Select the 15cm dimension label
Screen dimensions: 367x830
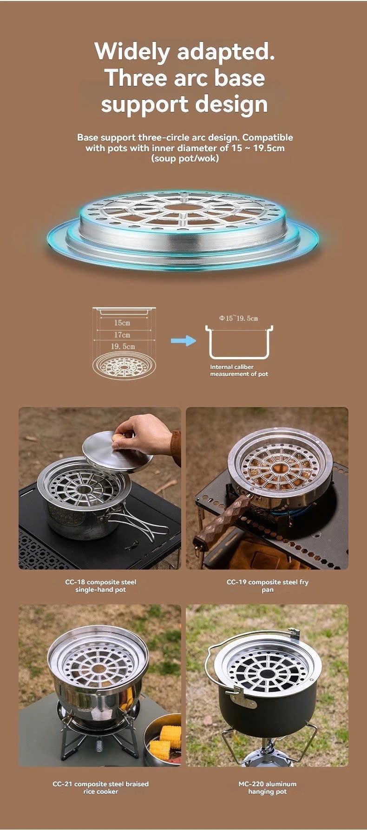tap(122, 323)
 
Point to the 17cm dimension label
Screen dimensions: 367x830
tap(122, 335)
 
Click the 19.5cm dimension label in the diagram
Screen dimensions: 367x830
tap(123, 346)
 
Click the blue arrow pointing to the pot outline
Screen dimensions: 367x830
tap(183, 341)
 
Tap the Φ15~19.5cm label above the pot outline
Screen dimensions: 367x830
tap(238, 318)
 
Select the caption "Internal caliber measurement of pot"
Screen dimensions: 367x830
tap(239, 370)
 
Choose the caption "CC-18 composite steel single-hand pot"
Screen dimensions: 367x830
tap(100, 586)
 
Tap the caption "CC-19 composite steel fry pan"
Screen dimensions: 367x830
tap(267, 586)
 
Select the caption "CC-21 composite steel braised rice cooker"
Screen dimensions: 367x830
tap(100, 788)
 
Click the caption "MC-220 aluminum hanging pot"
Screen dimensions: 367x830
tap(267, 788)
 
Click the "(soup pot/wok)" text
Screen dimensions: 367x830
tap(185, 158)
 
